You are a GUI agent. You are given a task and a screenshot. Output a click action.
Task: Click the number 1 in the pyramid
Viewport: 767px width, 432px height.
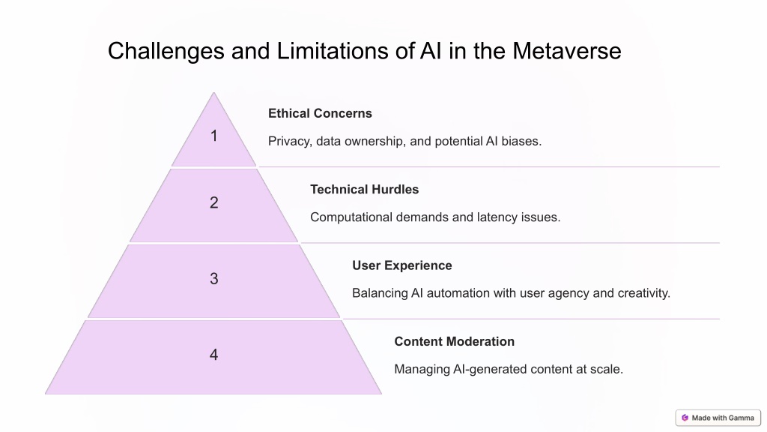[x=213, y=136]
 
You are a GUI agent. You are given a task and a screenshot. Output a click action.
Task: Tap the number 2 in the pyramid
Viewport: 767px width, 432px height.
[x=213, y=202]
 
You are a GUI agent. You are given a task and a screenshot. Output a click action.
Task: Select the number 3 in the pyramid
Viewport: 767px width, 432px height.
[x=213, y=278]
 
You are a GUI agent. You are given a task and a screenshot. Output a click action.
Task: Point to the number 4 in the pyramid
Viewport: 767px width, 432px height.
[x=213, y=355]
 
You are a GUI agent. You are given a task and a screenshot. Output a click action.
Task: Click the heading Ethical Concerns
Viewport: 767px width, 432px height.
[x=320, y=113]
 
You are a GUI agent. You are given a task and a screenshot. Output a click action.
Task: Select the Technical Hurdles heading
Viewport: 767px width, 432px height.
[x=365, y=190]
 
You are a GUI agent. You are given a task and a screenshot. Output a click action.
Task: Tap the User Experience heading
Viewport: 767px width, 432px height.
[x=402, y=265]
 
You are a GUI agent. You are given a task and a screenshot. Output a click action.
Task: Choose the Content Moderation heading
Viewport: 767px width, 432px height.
[x=455, y=341]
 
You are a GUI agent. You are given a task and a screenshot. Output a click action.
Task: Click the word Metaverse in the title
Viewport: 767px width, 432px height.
[x=567, y=51]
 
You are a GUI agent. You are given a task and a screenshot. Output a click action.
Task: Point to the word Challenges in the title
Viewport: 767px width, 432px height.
[x=166, y=52]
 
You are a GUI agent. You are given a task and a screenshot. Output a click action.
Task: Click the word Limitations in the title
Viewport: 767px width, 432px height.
[x=333, y=51]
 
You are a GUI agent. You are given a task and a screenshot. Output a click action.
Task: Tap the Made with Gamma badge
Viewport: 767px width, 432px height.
[x=718, y=418]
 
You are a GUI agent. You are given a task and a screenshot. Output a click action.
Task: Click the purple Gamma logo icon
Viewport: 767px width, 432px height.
[x=685, y=418]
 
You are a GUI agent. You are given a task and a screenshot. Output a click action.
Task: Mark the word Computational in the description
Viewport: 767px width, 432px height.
[x=351, y=217]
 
